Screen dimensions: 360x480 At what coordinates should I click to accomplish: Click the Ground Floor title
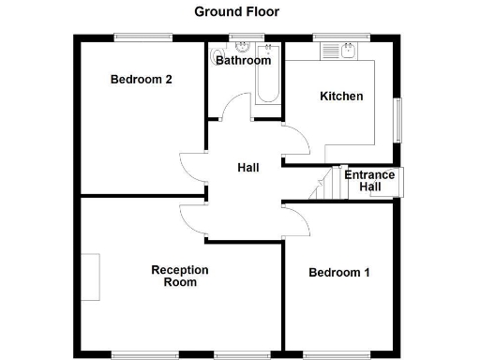coord(236,12)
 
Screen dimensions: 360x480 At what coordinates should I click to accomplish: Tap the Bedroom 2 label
coord(141,80)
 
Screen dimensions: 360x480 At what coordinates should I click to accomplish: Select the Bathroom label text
coord(244,61)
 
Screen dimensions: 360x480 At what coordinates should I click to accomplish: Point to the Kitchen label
coord(341,97)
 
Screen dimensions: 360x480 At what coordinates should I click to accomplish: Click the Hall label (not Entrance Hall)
coord(248,168)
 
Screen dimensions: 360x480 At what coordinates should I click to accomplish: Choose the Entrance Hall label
coord(369,181)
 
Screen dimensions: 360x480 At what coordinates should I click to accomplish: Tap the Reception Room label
coord(180,276)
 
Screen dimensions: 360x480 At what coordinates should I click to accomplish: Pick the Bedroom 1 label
coord(339,273)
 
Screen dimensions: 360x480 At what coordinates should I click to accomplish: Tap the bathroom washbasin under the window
coord(243,49)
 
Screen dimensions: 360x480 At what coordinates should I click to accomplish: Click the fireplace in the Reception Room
coord(90,277)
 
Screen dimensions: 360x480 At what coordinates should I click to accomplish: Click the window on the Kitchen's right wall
coord(397,121)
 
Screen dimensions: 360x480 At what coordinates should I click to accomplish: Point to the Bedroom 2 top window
coord(142,37)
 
